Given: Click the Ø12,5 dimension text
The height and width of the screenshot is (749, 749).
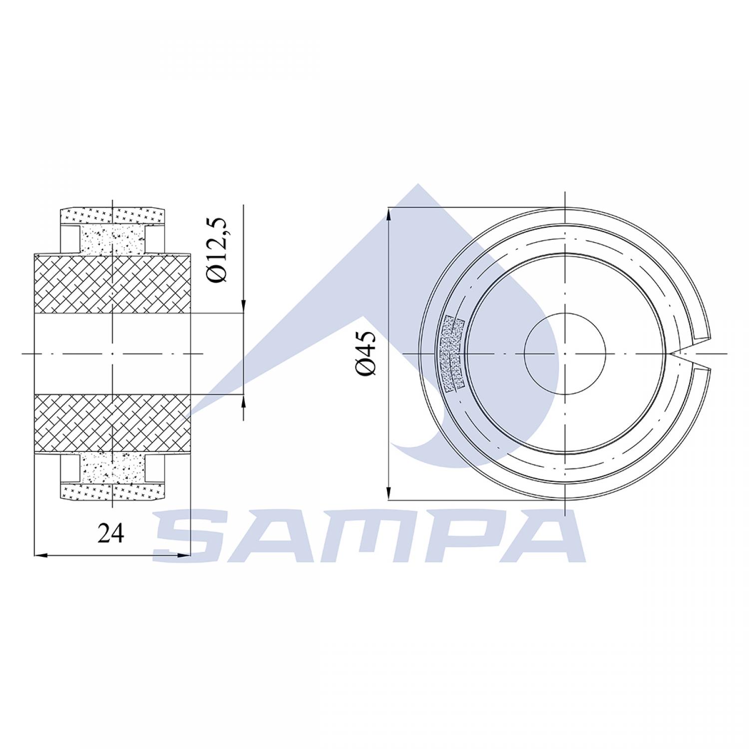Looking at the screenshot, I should pos(219,251).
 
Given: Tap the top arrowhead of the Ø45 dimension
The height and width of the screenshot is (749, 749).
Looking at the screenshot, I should pos(388,215).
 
